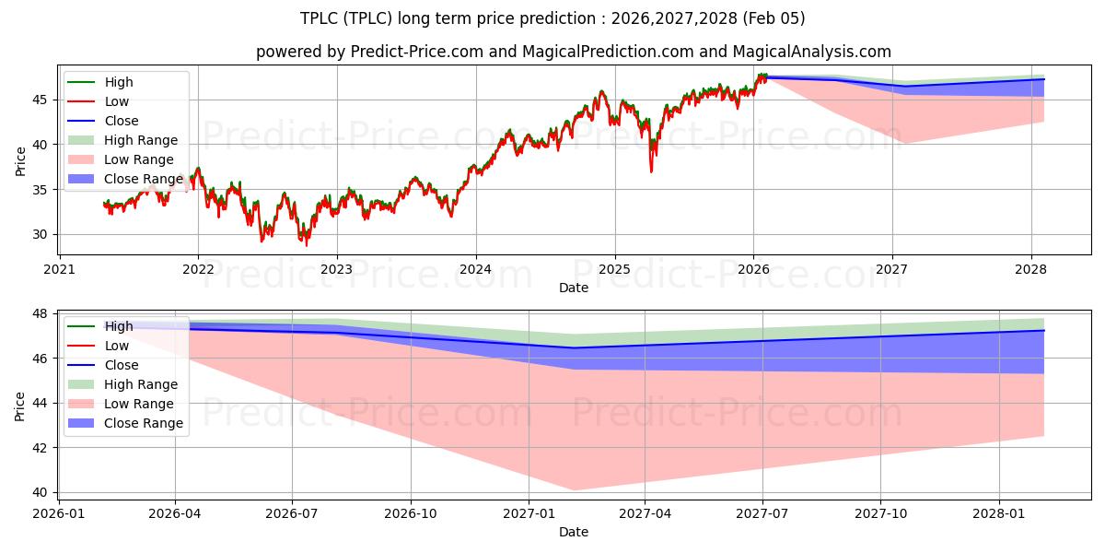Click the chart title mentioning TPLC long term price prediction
coord(552,18)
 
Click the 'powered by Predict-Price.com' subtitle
coord(573,52)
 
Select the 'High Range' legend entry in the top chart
coord(141,140)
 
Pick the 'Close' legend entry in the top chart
coord(122,121)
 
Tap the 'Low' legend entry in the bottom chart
coord(117,346)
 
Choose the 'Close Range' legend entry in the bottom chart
coord(144,423)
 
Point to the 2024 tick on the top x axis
coord(476,269)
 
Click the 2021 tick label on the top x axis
coord(60,269)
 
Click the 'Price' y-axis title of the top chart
coord(20,160)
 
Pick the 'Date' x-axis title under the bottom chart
coord(573,532)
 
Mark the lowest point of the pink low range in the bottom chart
coord(573,489)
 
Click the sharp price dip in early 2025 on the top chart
coord(651,171)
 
